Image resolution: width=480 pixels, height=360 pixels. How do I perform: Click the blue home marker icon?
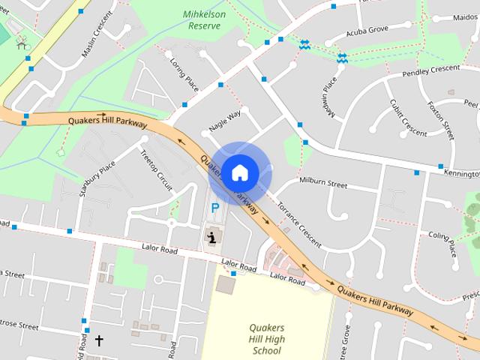239,172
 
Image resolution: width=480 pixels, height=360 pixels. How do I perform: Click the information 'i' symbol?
212,238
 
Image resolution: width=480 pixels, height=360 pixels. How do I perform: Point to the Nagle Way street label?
225,121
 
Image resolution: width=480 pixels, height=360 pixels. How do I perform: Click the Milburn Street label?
323,183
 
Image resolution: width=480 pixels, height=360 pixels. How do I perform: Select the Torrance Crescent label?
298,224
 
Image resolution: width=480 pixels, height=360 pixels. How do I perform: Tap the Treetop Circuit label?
156,172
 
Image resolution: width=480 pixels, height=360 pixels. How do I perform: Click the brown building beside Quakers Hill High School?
224,284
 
